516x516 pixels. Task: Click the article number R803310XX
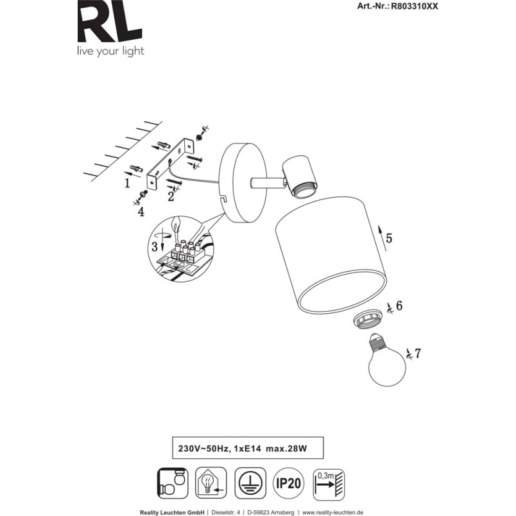pos(415,6)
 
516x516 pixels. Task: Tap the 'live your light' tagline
pos(110,51)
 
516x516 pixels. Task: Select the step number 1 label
pos(127,183)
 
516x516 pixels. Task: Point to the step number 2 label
pos(171,196)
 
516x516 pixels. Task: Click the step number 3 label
pos(155,246)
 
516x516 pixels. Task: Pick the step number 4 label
pos(141,212)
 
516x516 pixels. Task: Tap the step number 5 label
pos(389,238)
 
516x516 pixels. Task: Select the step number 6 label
pos(399,305)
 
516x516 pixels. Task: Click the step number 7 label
pos(418,354)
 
